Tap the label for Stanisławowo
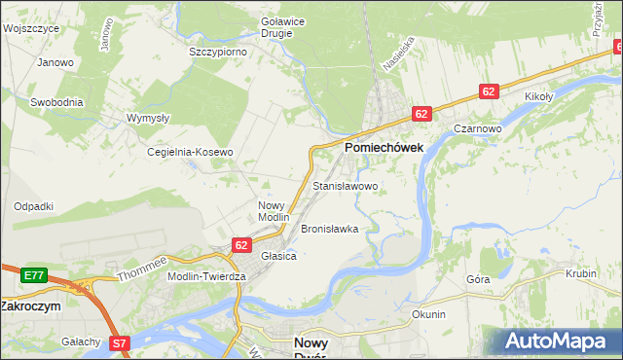pos(345,185)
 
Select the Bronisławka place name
pos(329,229)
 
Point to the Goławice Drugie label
pos(270,26)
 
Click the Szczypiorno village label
pos(217,51)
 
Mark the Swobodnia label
pos(56,101)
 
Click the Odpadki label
pos(33,206)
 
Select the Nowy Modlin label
pos(274,210)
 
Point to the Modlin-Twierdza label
pos(206,276)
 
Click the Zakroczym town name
pos(30,306)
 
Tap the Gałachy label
pos(81,341)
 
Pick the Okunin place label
pos(428,314)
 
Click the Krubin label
pos(580,273)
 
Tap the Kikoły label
pos(538,97)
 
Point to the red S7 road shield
pos(118,342)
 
